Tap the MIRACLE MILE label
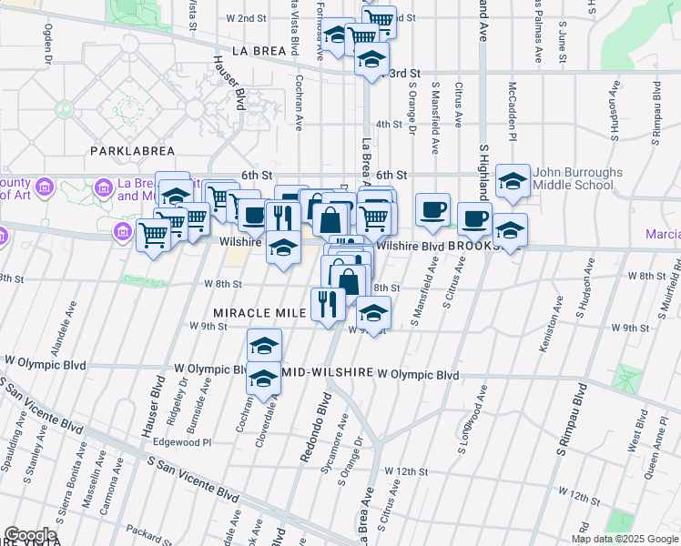click(259, 312)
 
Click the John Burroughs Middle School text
click(578, 178)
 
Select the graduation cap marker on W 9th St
click(372, 313)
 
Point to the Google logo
click(30, 535)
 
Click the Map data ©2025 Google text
click(624, 539)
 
